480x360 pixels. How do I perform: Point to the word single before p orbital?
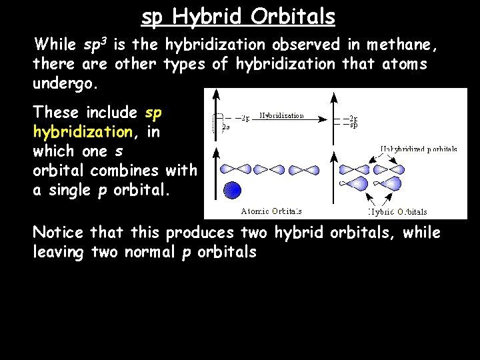click(69, 190)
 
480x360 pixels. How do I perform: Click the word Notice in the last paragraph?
click(58, 233)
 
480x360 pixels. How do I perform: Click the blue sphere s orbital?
click(231, 190)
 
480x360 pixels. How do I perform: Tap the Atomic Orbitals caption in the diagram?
click(271, 211)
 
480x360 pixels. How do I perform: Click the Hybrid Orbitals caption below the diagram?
click(398, 212)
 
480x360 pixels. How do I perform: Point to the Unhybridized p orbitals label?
click(419, 149)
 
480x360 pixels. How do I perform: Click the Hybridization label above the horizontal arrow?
click(281, 115)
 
